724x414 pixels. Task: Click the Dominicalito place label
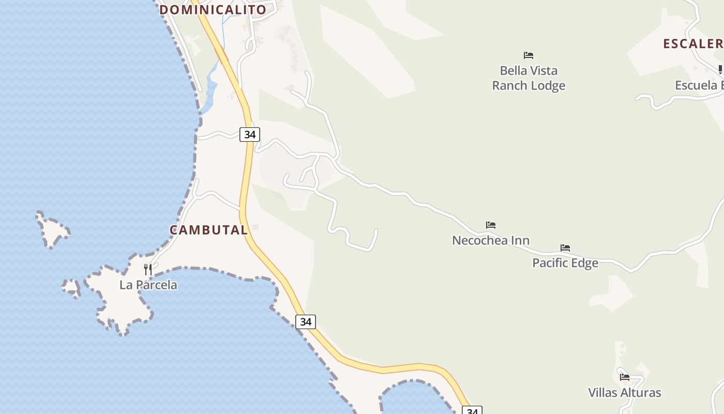pyautogui.click(x=213, y=9)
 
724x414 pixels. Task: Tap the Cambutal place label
pyautogui.click(x=209, y=230)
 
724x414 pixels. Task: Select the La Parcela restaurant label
pyautogui.click(x=148, y=285)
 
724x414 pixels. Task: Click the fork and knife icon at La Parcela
pyautogui.click(x=148, y=269)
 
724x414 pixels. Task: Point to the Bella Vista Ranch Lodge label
pyautogui.click(x=529, y=78)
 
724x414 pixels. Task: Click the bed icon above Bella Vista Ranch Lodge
pyautogui.click(x=529, y=55)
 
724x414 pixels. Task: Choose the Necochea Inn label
pyautogui.click(x=491, y=240)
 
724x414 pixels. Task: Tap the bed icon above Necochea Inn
pyautogui.click(x=491, y=225)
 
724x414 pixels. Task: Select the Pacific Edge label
pyautogui.click(x=565, y=263)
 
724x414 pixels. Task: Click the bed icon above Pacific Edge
pyautogui.click(x=565, y=248)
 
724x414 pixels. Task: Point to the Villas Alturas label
pyautogui.click(x=625, y=392)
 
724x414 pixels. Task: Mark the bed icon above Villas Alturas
pyautogui.click(x=625, y=377)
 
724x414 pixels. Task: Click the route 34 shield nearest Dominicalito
pyautogui.click(x=250, y=135)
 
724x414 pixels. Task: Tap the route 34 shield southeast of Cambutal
pyautogui.click(x=306, y=322)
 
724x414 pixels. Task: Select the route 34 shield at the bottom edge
pyautogui.click(x=472, y=411)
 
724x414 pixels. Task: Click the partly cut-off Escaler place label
pyautogui.click(x=693, y=43)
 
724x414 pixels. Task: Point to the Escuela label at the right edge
pyautogui.click(x=699, y=85)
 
